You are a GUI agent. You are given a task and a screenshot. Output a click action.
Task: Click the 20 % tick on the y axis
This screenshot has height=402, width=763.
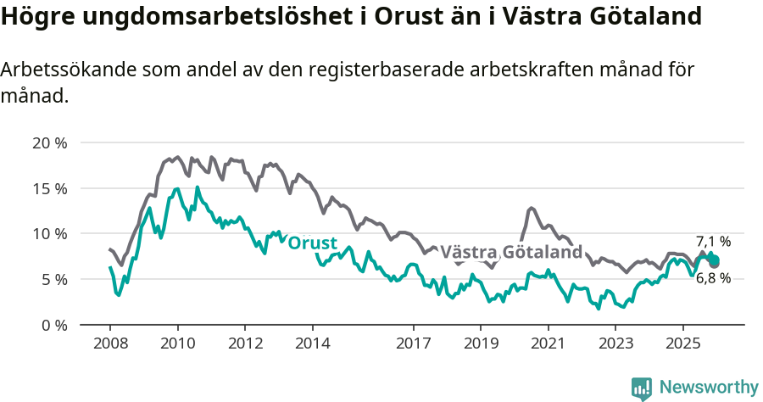[49, 142]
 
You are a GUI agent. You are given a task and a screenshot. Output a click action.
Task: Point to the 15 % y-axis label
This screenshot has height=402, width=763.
[49, 188]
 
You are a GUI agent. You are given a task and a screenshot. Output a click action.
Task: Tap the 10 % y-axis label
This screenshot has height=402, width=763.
[49, 233]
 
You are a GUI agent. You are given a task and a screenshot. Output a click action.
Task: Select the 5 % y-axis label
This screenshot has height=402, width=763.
[53, 279]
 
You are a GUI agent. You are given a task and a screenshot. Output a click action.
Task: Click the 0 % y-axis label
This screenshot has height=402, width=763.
[53, 325]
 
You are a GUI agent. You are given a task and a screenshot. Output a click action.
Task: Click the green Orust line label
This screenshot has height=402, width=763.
[313, 243]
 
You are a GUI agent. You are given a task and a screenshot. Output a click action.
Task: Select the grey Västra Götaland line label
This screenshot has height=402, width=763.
[511, 252]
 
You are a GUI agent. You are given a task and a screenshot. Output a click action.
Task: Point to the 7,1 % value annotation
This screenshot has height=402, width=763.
[713, 242]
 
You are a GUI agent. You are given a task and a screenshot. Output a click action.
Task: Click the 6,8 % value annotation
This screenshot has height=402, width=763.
[713, 278]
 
